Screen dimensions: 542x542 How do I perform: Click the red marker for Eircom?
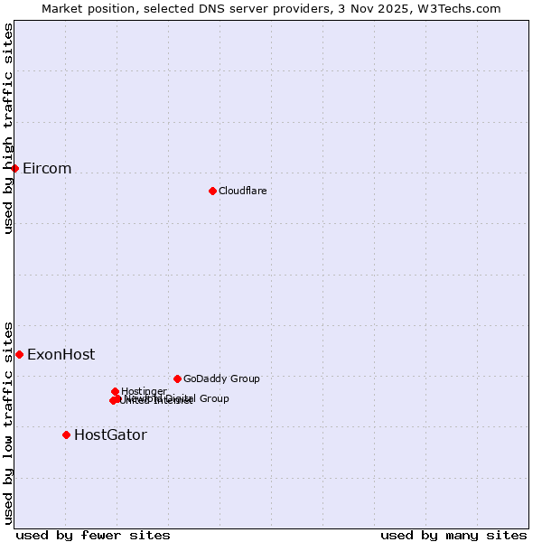[x=15, y=169]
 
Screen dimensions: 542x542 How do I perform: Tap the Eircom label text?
[x=47, y=169]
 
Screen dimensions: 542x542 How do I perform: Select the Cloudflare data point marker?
[x=212, y=191]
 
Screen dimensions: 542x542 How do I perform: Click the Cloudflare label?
[x=242, y=191]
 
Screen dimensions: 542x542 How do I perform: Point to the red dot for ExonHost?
[x=19, y=354]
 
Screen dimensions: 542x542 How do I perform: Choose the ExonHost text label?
[x=61, y=354]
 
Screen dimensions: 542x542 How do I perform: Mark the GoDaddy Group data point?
[x=177, y=378]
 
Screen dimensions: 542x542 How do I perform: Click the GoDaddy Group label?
[x=221, y=378]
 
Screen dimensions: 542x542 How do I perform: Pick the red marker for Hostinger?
[x=115, y=391]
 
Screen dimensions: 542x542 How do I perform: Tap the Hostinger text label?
[x=144, y=391]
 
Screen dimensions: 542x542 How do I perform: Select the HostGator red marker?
[x=66, y=435]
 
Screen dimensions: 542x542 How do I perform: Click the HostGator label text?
[x=110, y=435]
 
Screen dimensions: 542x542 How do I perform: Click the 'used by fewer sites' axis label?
[x=93, y=535]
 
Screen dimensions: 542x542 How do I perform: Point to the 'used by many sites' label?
[x=453, y=535]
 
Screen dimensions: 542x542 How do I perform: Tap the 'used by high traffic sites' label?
[x=9, y=128]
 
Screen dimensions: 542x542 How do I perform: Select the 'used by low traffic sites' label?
[x=9, y=422]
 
